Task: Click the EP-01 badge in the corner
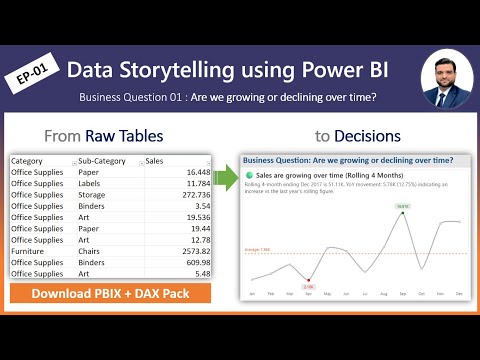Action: tap(33, 77)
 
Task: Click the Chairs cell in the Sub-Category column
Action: tap(93, 251)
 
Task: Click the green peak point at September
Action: tap(402, 214)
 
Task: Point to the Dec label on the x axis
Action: tap(458, 293)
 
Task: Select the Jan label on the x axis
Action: tap(253, 293)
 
